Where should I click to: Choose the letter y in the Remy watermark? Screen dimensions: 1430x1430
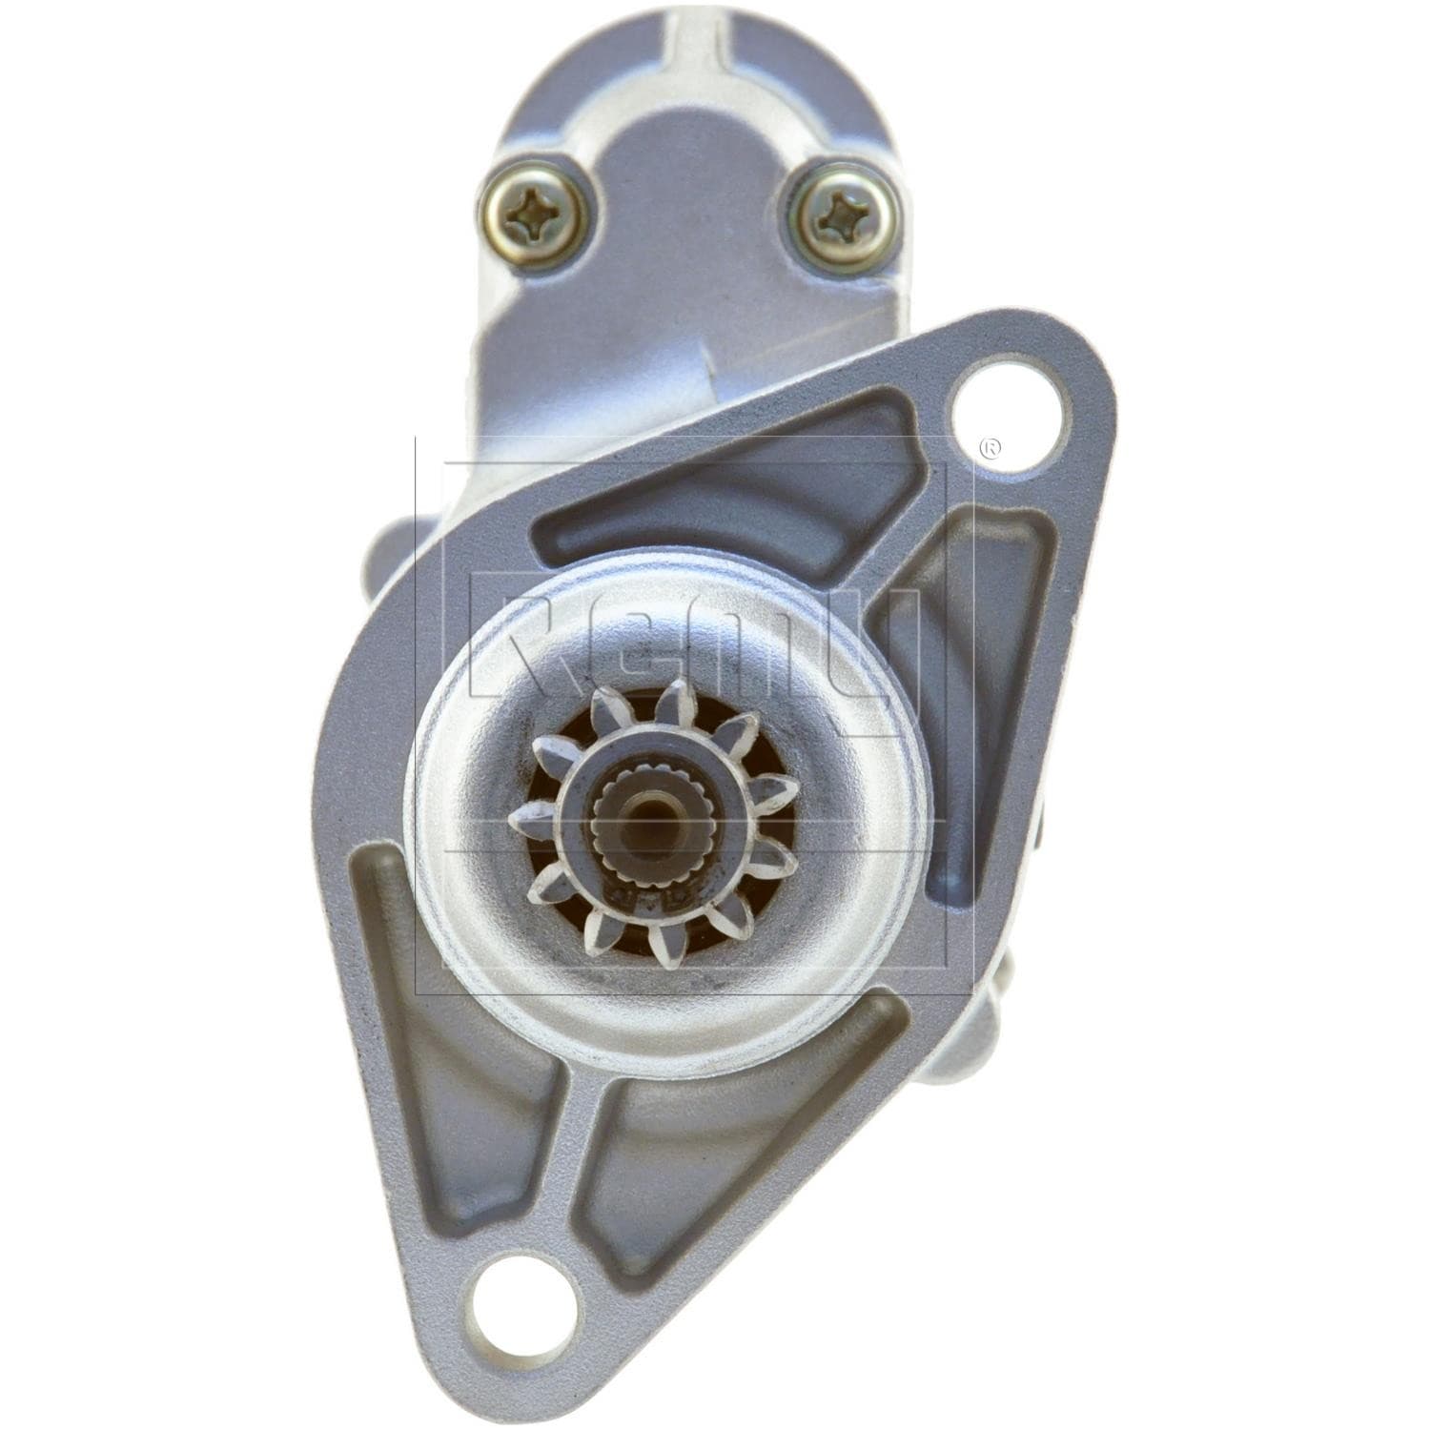[x=872, y=658]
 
